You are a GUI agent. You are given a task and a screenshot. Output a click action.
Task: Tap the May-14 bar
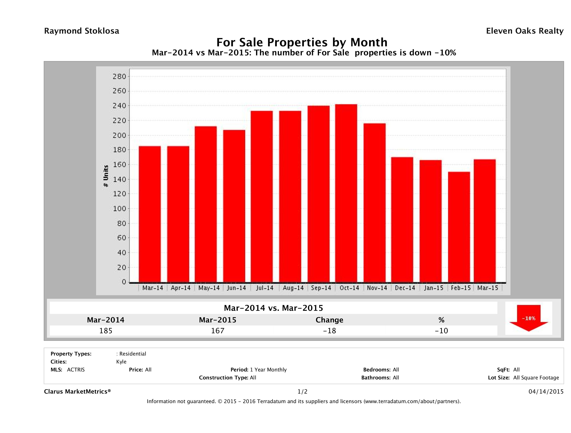pyautogui.click(x=206, y=204)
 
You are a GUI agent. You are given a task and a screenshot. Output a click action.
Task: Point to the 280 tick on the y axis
pyautogui.click(x=119, y=77)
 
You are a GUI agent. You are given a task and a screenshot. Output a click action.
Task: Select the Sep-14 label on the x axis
pyautogui.click(x=321, y=288)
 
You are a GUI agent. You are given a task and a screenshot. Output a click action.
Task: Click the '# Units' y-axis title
pyautogui.click(x=106, y=176)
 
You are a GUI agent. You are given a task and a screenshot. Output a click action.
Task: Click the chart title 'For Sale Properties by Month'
pyautogui.click(x=302, y=42)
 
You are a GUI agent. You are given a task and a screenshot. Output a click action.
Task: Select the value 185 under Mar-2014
pyautogui.click(x=106, y=331)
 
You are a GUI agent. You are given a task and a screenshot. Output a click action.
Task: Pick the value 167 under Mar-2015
pyautogui.click(x=218, y=331)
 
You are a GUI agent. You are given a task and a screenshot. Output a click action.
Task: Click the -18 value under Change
pyautogui.click(x=329, y=331)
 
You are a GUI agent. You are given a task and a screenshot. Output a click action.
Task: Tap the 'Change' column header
pyautogui.click(x=329, y=320)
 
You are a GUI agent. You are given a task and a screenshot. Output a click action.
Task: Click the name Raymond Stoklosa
pyautogui.click(x=82, y=31)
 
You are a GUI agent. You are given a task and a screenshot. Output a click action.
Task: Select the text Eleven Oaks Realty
pyautogui.click(x=524, y=31)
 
